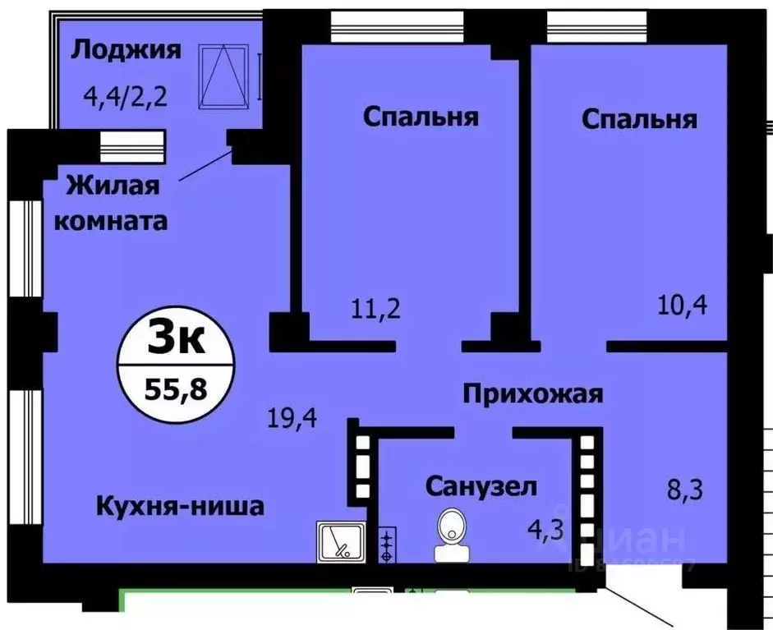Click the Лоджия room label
pyautogui.click(x=126, y=50)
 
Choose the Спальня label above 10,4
pyautogui.click(x=639, y=119)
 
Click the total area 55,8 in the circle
pyautogui.click(x=177, y=387)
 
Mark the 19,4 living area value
pyautogui.click(x=292, y=421)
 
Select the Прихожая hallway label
pyautogui.click(x=533, y=394)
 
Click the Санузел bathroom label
pyautogui.click(x=481, y=486)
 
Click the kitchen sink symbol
pyautogui.click(x=340, y=541)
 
